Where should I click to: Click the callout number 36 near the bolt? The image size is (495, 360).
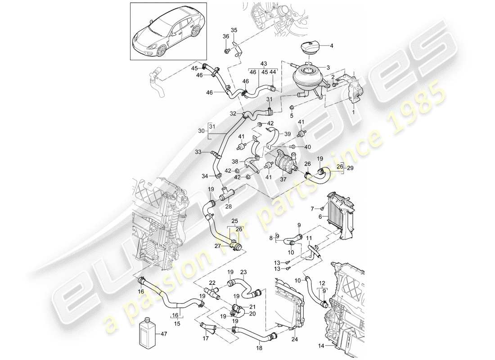226,36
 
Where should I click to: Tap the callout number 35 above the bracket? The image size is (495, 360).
233,30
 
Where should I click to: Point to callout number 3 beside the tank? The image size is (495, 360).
328,67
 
